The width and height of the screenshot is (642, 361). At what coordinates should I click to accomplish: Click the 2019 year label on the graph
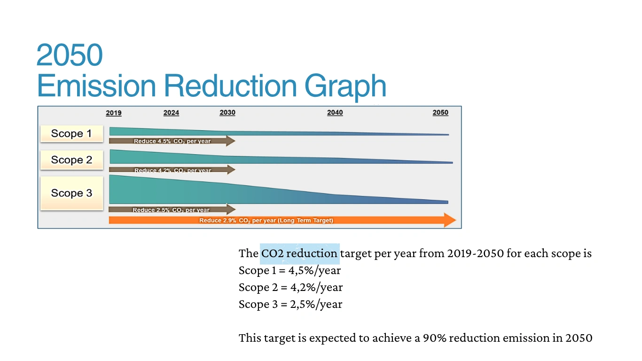114,113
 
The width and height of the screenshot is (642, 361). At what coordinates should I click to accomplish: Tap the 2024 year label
171,113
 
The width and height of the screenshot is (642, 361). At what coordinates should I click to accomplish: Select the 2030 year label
227,113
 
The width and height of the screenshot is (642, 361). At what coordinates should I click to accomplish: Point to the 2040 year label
335,113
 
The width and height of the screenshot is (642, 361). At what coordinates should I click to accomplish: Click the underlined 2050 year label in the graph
440,113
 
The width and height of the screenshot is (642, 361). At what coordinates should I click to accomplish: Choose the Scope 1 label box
71,133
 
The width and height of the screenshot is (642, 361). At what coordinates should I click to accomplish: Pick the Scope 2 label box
71,160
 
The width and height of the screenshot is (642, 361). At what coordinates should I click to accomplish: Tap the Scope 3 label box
71,193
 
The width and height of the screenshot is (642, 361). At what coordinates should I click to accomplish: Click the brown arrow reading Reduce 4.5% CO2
172,141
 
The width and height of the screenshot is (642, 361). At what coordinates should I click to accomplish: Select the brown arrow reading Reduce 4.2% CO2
172,170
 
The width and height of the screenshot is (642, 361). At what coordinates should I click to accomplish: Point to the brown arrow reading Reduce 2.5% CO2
172,210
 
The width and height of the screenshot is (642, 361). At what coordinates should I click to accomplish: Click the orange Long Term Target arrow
282,220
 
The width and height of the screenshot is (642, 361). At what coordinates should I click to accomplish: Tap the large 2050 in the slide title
69,55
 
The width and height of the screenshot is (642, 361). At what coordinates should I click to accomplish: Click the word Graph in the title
345,86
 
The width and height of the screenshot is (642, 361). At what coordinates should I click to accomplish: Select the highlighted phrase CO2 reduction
300,254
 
